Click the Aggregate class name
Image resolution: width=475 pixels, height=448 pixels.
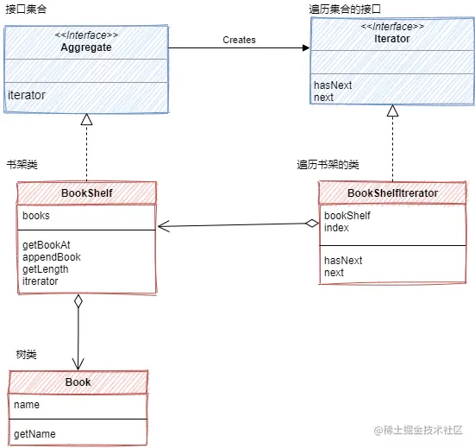pos(85,47)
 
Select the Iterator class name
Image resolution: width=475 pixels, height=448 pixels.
pos(392,39)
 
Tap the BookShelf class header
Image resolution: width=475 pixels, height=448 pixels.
pos(86,192)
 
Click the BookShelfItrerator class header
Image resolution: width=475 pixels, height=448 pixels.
pos(392,192)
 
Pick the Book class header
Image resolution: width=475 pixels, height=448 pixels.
pos(78,382)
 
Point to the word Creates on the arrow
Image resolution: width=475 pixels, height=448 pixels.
pos(239,40)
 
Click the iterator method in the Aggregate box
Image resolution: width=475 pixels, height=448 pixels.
pos(27,95)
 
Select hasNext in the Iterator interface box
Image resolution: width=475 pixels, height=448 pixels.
pos(332,85)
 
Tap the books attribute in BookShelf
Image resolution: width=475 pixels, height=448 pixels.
pos(36,216)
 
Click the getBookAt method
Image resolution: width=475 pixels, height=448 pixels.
pos(47,245)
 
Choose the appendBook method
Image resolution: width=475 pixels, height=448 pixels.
pos(52,257)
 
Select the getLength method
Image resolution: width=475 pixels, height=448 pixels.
pos(46,269)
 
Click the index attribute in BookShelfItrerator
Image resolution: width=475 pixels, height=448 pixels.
pos(336,228)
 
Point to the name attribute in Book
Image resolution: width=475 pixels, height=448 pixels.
pos(27,404)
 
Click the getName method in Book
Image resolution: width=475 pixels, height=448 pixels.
pos(34,434)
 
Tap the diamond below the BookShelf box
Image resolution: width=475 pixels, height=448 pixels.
pos(78,301)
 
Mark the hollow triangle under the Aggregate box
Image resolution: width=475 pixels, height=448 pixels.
pos(86,119)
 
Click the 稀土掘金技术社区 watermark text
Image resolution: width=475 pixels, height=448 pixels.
pos(424,429)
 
